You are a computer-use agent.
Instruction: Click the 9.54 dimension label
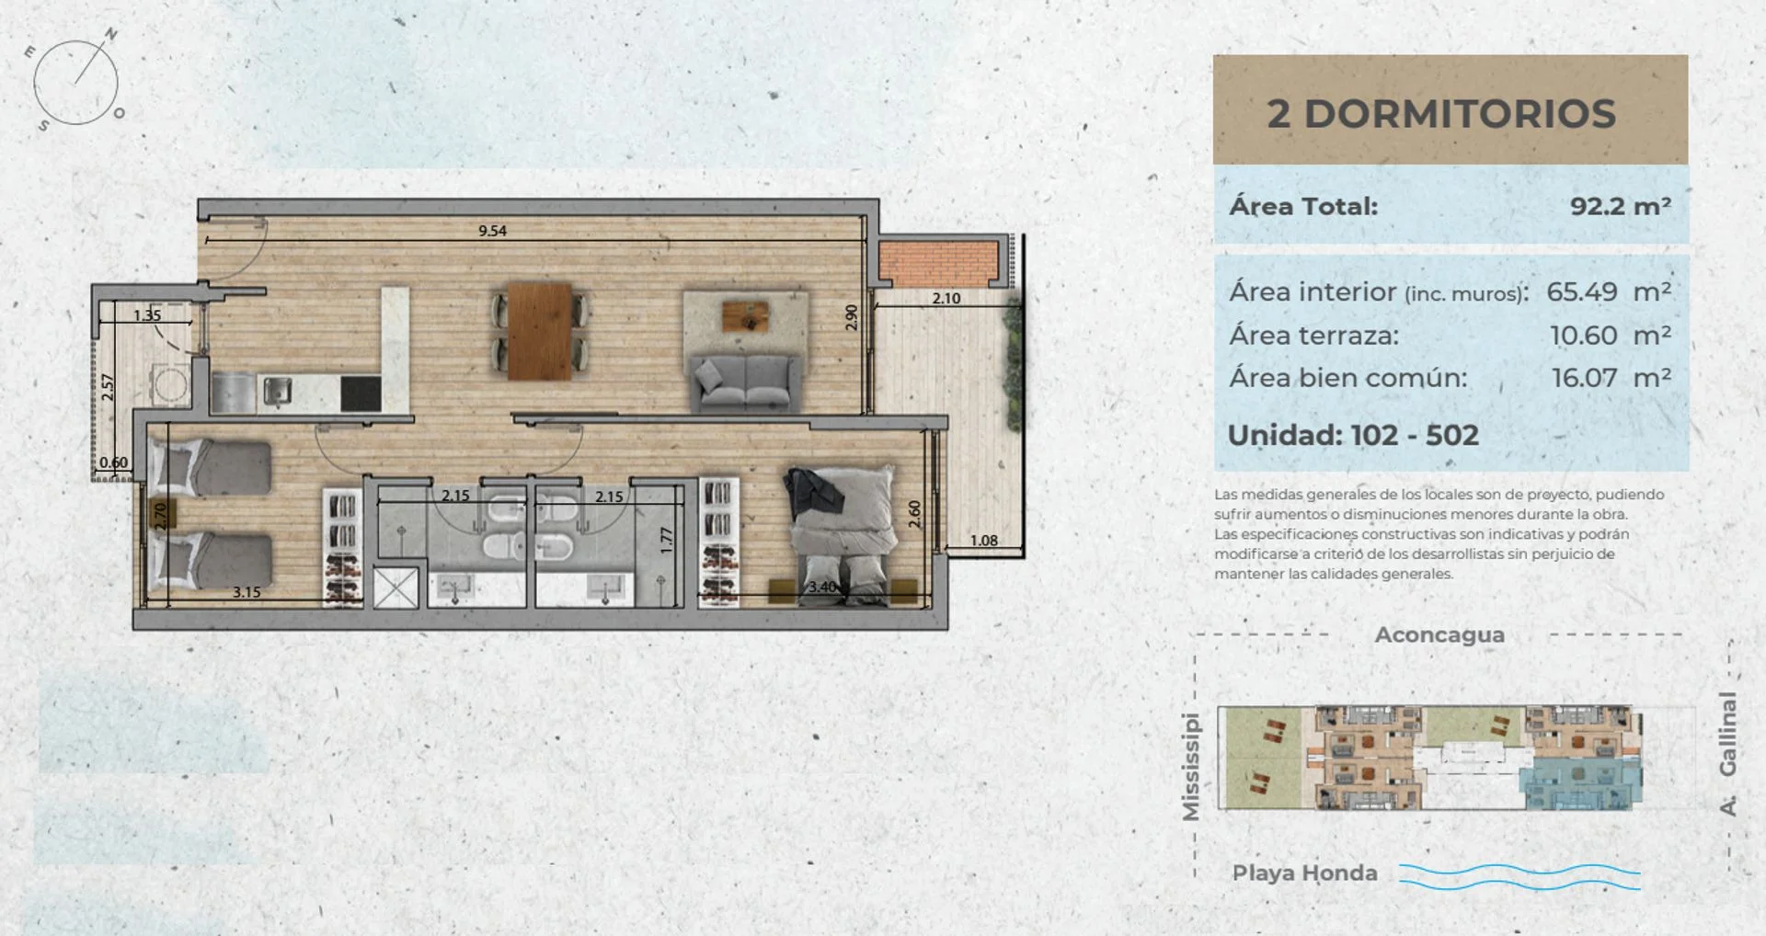[492, 231]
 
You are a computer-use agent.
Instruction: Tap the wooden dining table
[540, 331]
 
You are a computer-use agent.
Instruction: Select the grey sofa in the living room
[743, 382]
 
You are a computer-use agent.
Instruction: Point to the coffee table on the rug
[745, 315]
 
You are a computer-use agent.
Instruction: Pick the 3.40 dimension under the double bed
[822, 587]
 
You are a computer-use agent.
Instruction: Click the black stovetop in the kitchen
[361, 394]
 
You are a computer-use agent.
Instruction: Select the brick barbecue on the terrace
[939, 263]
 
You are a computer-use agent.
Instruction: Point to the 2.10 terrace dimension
[946, 298]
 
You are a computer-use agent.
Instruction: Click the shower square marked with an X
[396, 588]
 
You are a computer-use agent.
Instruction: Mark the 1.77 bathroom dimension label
[667, 540]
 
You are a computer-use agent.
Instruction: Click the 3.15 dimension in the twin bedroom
[247, 592]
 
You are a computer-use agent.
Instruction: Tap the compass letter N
[111, 35]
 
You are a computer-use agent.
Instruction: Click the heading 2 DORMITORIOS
[1441, 114]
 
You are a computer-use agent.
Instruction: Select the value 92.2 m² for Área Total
[1621, 205]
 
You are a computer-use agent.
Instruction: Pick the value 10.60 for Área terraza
[1584, 336]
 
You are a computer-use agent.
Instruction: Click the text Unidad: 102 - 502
[1353, 435]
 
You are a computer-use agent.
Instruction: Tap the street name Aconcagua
[1439, 635]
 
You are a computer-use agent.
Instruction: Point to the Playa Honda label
[1304, 873]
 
